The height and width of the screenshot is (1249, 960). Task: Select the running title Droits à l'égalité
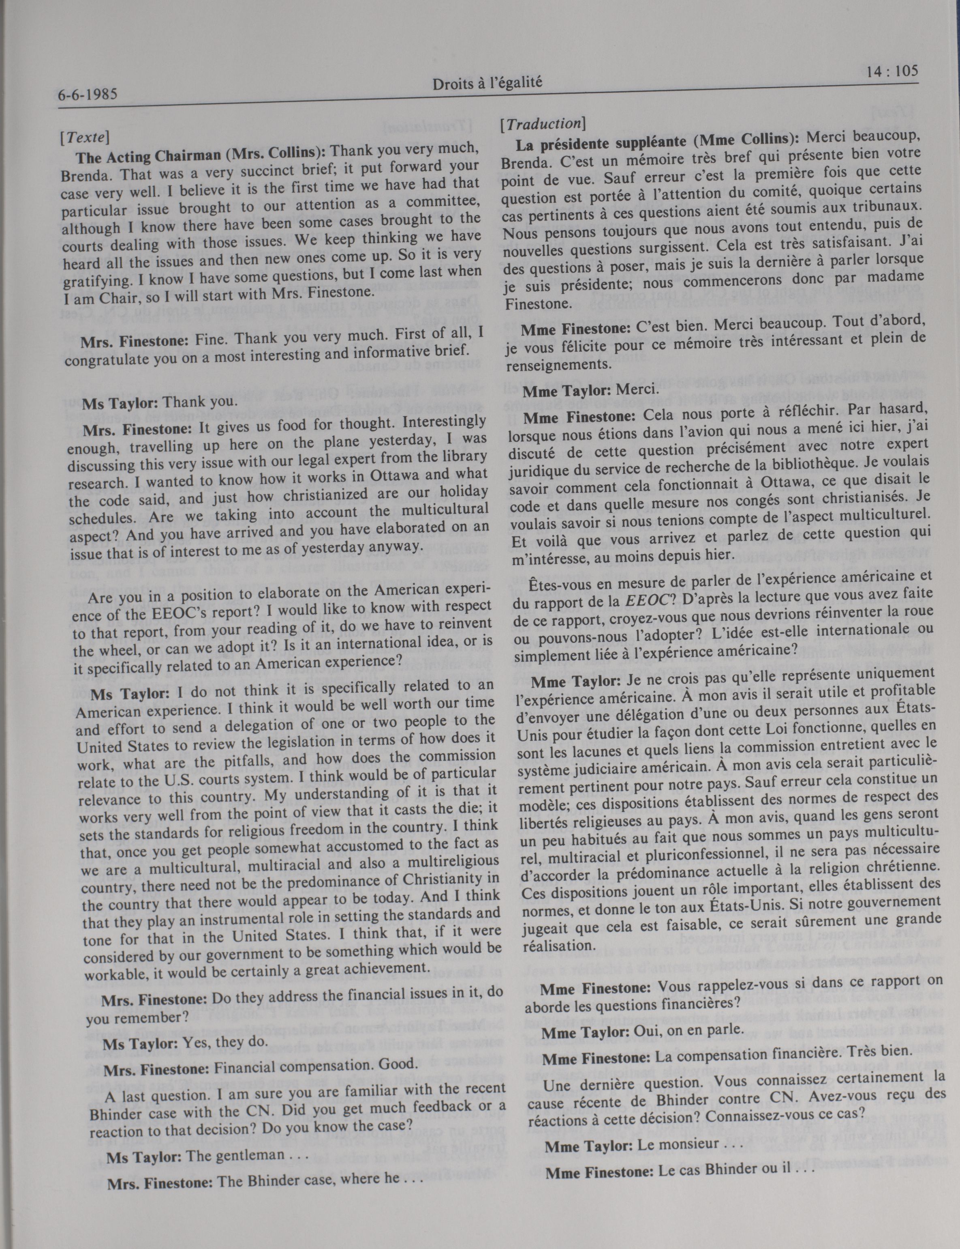487,84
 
